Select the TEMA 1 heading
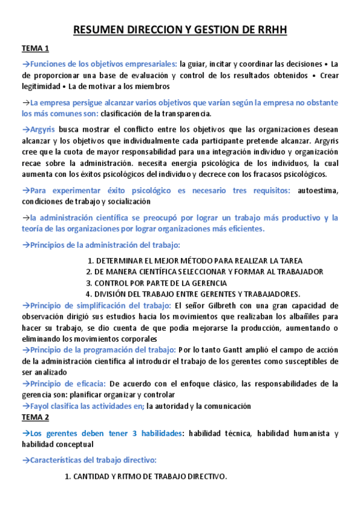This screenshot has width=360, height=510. (35, 49)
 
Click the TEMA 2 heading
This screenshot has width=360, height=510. (35, 417)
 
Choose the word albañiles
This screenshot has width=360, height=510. (304, 316)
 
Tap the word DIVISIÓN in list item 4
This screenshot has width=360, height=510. (114, 294)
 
